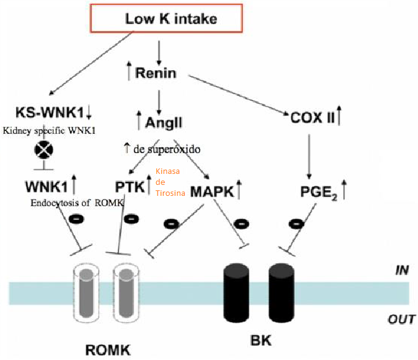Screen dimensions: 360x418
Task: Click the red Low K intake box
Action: (x=171, y=18)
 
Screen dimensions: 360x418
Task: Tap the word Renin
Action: (x=156, y=73)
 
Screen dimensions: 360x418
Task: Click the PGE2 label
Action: (x=317, y=192)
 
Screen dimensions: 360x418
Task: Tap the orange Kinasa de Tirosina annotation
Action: (x=169, y=184)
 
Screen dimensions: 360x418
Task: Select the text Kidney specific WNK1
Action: (x=51, y=131)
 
